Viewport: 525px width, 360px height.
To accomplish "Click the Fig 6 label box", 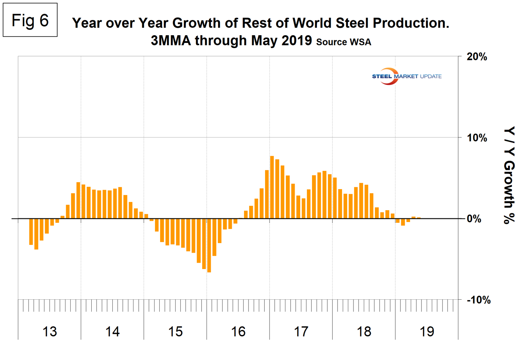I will click(30, 20).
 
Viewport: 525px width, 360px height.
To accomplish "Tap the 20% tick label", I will click(477, 57).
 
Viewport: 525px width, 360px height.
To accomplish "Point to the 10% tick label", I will click(477, 138).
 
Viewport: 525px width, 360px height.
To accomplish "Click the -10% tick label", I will click(478, 300).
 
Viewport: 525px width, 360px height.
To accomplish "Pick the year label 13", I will click(50, 332).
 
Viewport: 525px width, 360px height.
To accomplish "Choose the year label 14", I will click(112, 332).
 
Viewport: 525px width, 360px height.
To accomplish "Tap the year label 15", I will click(175, 332).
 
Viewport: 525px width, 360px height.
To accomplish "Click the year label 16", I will click(238, 332).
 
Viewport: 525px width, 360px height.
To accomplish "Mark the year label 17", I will click(301, 332).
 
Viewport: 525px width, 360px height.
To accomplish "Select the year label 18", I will click(364, 332).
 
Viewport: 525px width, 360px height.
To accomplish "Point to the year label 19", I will click(427, 332).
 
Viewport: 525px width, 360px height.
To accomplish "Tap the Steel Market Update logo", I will click(406, 76).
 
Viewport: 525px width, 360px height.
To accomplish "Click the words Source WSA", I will click(343, 42).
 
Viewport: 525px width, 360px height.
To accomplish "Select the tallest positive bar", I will click(272, 187).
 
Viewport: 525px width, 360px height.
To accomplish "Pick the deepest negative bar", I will click(209, 245).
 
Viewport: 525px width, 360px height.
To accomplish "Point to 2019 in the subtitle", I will click(297, 40).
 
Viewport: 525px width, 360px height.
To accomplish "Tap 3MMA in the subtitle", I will click(170, 40).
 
